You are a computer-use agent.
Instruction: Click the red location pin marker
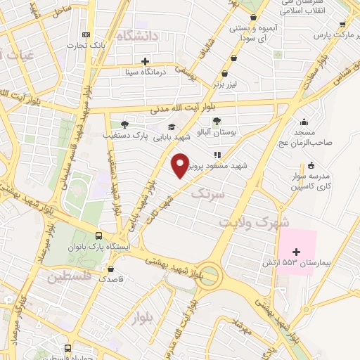coord(180,165)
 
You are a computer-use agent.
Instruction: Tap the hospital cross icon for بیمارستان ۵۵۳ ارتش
coord(296,252)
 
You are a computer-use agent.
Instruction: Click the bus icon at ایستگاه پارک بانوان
coord(100,236)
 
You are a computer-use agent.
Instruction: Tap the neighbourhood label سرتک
coord(209,192)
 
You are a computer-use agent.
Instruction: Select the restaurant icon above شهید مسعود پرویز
coord(218,155)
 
